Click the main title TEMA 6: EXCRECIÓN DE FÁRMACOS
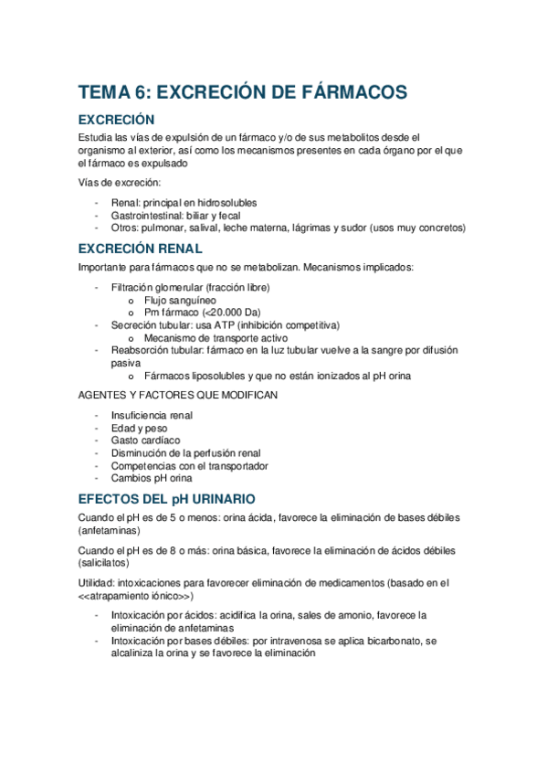click(x=242, y=92)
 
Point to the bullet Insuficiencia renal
click(x=152, y=415)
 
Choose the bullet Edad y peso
click(x=140, y=428)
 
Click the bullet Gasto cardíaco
click(x=146, y=441)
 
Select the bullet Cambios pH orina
click(x=152, y=478)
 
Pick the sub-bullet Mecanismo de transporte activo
click(x=209, y=337)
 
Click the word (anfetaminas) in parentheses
click(x=109, y=530)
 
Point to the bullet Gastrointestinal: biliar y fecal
click(x=175, y=215)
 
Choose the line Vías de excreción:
click(x=120, y=183)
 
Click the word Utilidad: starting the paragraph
click(x=97, y=582)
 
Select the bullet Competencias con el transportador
click(x=190, y=465)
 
